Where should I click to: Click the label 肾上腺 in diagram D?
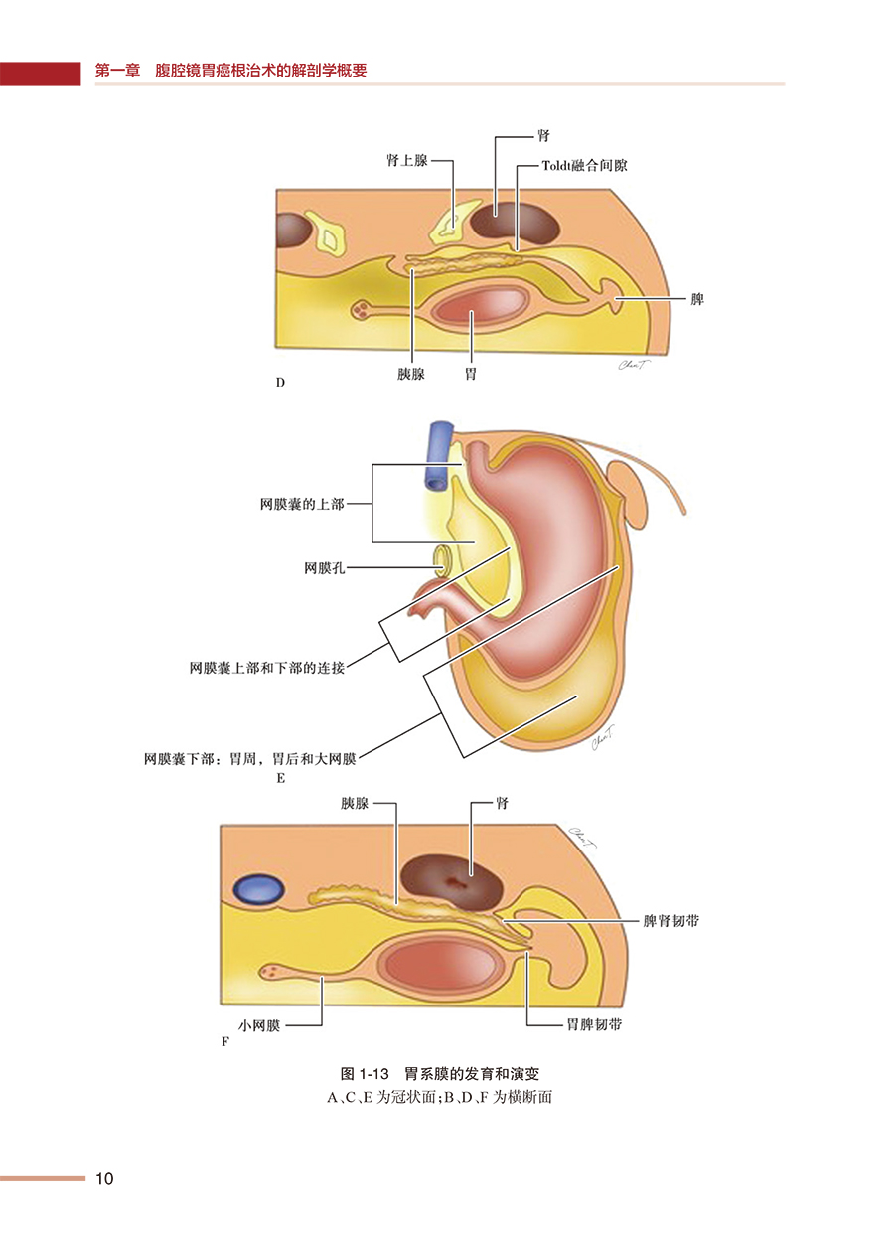pyautogui.click(x=406, y=159)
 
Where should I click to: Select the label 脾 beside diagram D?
pyautogui.click(x=697, y=298)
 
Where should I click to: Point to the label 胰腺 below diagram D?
pyautogui.click(x=410, y=376)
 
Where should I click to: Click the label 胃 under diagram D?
pyautogui.click(x=471, y=376)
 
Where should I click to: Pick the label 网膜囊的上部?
pyautogui.click(x=301, y=504)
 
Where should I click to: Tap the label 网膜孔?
pyautogui.click(x=325, y=568)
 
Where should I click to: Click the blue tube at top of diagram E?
pyautogui.click(x=437, y=454)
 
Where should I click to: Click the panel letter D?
pyautogui.click(x=280, y=383)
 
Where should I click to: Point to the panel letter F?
pyautogui.click(x=224, y=1041)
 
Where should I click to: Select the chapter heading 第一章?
pyautogui.click(x=116, y=72)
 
